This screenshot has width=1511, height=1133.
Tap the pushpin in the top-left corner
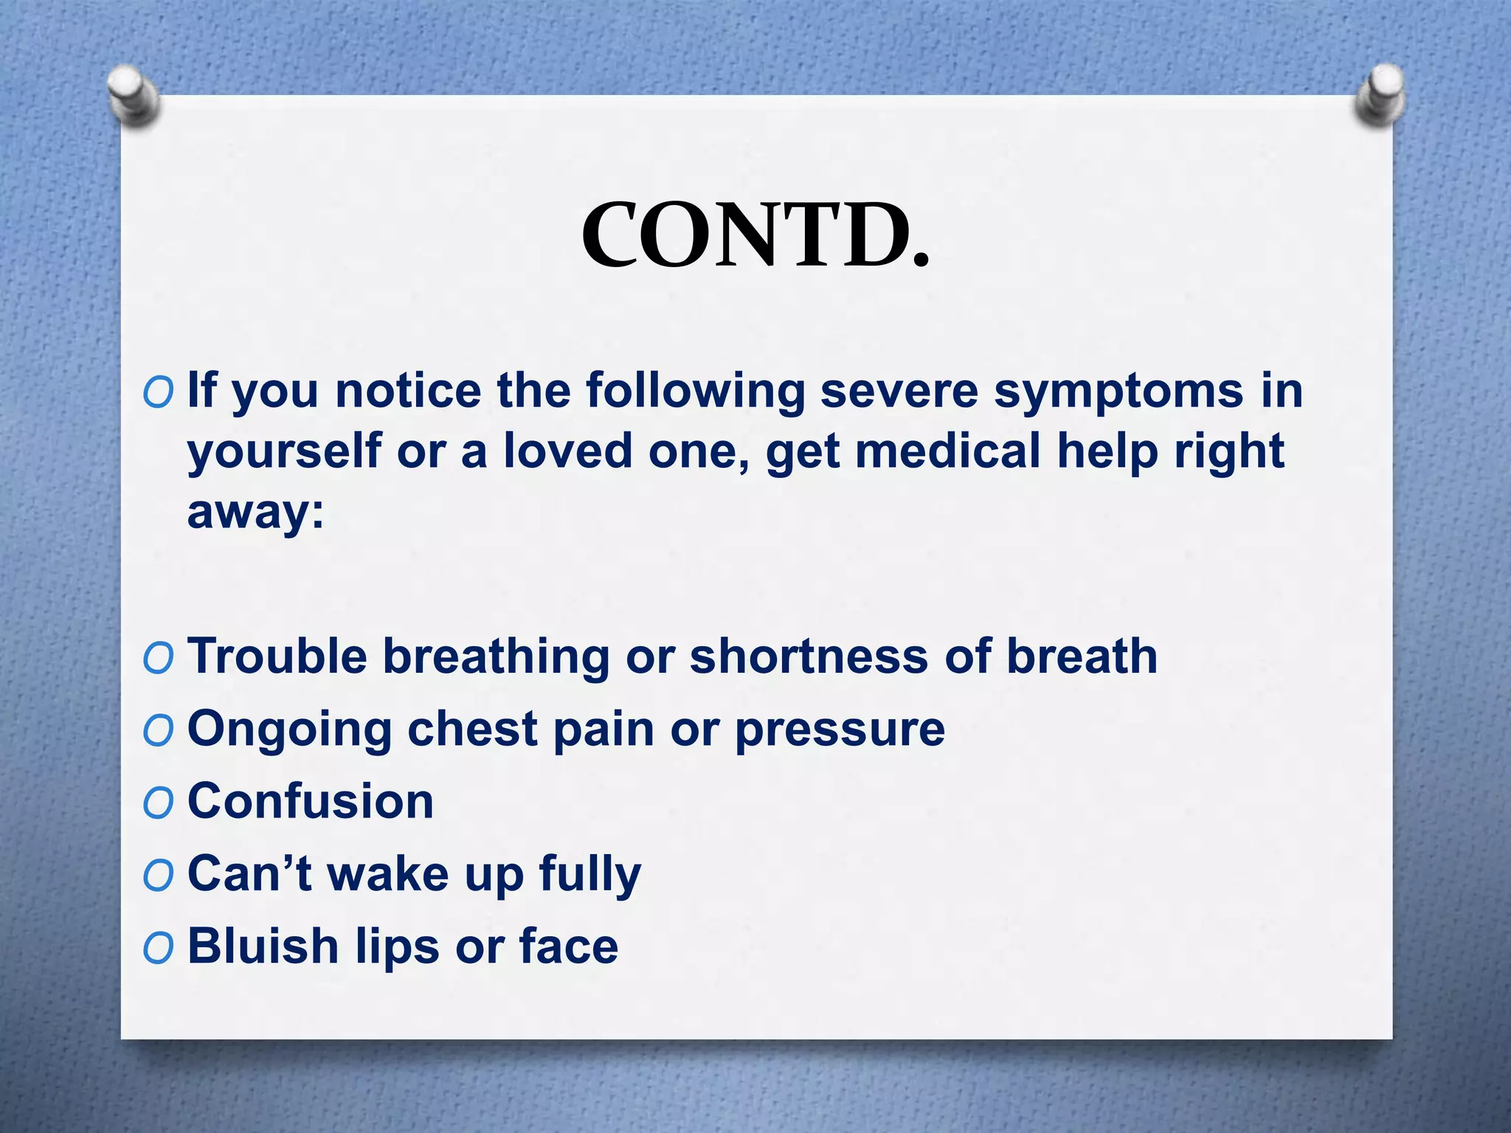133,94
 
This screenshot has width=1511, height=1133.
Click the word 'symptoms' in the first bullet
1118,391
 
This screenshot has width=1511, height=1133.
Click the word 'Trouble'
277,656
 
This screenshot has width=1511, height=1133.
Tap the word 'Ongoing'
289,730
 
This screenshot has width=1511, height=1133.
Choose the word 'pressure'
840,730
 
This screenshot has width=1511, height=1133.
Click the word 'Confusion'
311,801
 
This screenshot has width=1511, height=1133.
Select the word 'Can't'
251,873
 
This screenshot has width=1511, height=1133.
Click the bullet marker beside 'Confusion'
158,803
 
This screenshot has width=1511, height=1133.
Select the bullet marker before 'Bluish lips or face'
158,948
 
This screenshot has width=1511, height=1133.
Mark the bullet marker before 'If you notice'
158,392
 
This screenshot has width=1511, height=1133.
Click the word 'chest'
472,730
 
